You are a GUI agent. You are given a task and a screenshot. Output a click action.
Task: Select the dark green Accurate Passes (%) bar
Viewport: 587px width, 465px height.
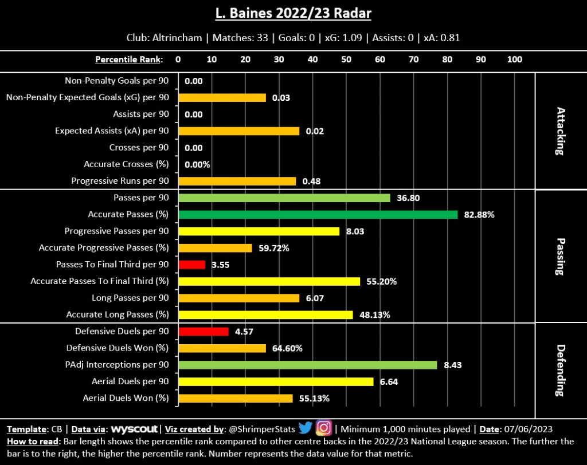coord(318,215)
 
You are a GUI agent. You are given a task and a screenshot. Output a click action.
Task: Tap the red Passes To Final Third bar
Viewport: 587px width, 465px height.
coord(191,265)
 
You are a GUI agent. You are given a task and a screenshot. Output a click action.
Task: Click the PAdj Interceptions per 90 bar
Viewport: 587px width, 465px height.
coord(307,365)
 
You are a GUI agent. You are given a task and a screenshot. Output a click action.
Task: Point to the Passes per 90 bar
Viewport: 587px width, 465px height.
coord(284,198)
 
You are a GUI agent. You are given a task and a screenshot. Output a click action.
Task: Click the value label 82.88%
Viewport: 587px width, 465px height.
coord(480,215)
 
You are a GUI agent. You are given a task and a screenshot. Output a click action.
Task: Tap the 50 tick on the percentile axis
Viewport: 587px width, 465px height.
coord(346,60)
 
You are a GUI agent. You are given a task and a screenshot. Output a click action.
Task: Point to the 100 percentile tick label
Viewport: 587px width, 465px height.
coord(515,60)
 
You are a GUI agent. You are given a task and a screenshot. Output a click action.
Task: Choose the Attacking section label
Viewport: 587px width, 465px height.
coord(559,131)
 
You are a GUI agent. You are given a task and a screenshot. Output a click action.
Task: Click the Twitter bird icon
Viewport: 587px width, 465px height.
coord(305,428)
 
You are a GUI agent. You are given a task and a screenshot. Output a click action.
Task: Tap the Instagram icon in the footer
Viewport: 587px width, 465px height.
coord(324,428)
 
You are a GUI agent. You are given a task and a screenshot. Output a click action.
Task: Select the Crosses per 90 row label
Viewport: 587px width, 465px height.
coord(139,148)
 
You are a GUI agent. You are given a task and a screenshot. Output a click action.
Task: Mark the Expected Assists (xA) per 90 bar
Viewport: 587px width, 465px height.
coord(238,131)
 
